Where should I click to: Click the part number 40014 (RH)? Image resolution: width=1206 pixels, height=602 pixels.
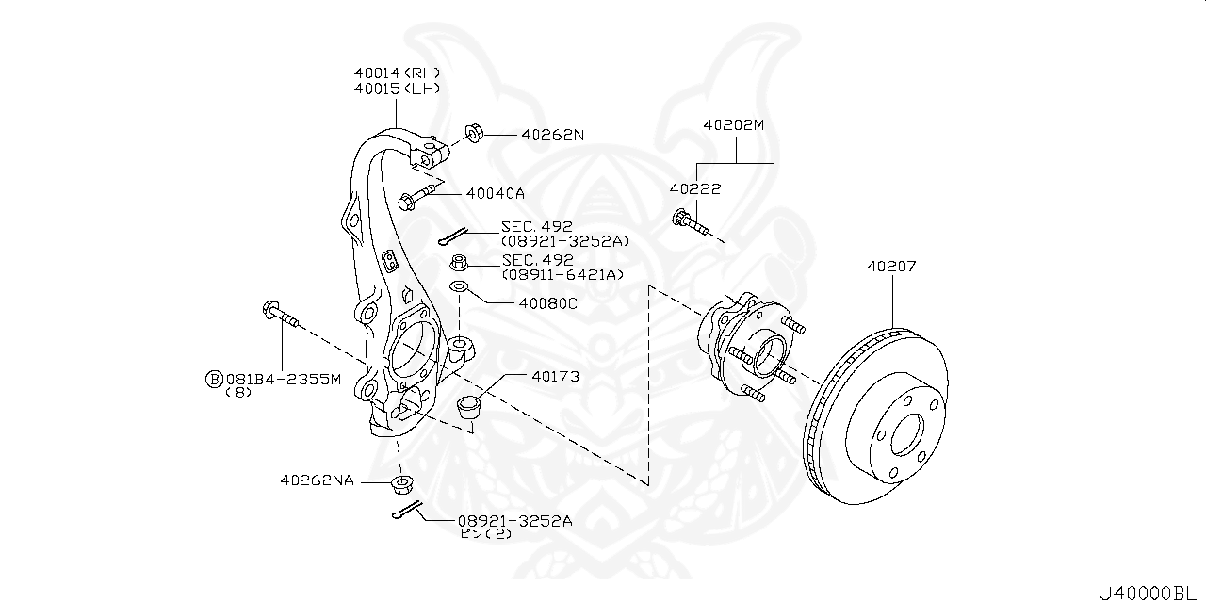click(x=397, y=73)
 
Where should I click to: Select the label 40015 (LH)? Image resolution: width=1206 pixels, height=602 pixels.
click(x=397, y=89)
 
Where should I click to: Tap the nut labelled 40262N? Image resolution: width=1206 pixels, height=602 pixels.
click(x=475, y=134)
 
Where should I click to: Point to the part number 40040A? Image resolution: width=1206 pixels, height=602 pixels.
click(x=495, y=193)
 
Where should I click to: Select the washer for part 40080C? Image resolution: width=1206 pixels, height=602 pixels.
click(x=459, y=285)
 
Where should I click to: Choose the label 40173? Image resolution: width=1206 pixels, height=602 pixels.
click(x=554, y=376)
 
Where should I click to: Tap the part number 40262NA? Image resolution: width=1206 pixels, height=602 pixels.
click(x=317, y=480)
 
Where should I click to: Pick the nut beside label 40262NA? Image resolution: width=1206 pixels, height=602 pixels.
click(x=402, y=485)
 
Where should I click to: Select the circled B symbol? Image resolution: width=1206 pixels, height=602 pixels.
click(x=214, y=380)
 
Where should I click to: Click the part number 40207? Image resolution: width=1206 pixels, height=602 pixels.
click(x=890, y=267)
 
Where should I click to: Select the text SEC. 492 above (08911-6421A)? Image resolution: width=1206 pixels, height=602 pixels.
click(x=537, y=260)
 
